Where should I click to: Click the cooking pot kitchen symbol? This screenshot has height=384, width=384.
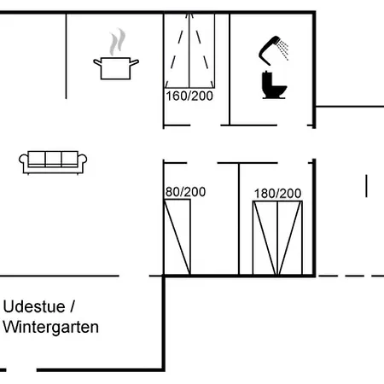click(116, 68)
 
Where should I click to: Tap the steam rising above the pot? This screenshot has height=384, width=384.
click(118, 42)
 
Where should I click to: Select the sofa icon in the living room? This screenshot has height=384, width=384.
click(53, 162)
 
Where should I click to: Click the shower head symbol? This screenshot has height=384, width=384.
click(270, 50)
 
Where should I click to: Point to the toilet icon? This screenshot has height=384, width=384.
click(274, 85)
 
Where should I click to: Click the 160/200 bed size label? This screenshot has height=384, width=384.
click(189, 96)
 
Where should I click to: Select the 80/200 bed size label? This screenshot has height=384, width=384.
click(185, 192)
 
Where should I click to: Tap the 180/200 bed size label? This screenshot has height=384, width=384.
click(277, 194)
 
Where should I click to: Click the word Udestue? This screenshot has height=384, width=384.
click(34, 306)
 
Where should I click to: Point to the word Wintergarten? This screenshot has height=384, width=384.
click(51, 327)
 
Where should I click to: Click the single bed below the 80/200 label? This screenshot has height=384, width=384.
click(177, 237)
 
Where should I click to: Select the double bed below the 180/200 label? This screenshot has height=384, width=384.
click(277, 238)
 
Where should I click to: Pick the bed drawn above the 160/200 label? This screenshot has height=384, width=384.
click(189, 50)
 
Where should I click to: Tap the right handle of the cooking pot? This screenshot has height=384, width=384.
click(134, 62)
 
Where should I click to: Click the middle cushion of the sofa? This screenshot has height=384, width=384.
click(53, 159)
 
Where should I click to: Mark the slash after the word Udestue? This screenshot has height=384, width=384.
click(72, 306)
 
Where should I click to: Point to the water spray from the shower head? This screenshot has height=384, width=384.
click(283, 49)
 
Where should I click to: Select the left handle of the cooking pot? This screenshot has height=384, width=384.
click(97, 62)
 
